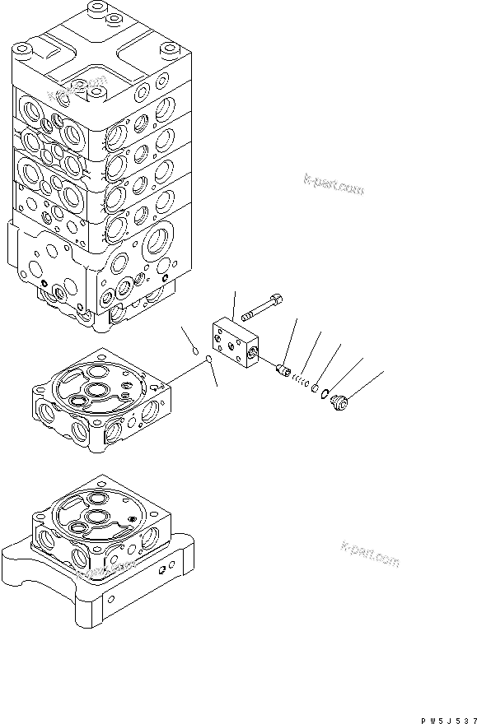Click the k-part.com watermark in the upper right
(x=334, y=185)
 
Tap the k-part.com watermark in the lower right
(x=370, y=555)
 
